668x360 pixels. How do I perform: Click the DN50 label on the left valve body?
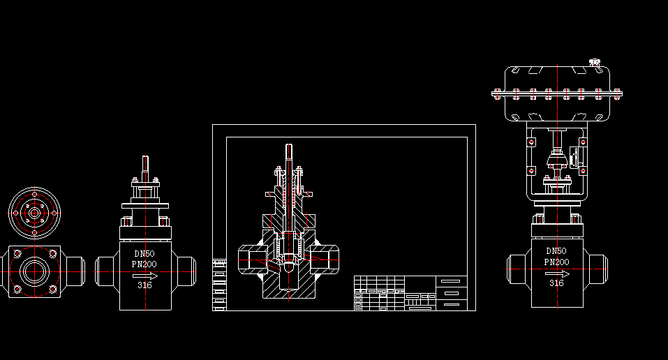pos(144,254)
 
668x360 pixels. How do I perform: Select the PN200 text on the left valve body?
pos(144,264)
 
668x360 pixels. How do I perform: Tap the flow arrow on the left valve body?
pos(145,276)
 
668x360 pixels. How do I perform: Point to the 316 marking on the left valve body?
pos(144,285)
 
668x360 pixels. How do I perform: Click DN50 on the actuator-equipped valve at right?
pos(556,251)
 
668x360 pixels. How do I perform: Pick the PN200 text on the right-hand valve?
pos(556,262)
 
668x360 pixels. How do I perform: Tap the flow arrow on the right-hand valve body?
pos(557,273)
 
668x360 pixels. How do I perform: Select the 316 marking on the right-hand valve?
pos(556,283)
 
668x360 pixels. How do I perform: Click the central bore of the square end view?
pos(34,271)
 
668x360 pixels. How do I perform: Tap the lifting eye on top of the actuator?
pos(595,63)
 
